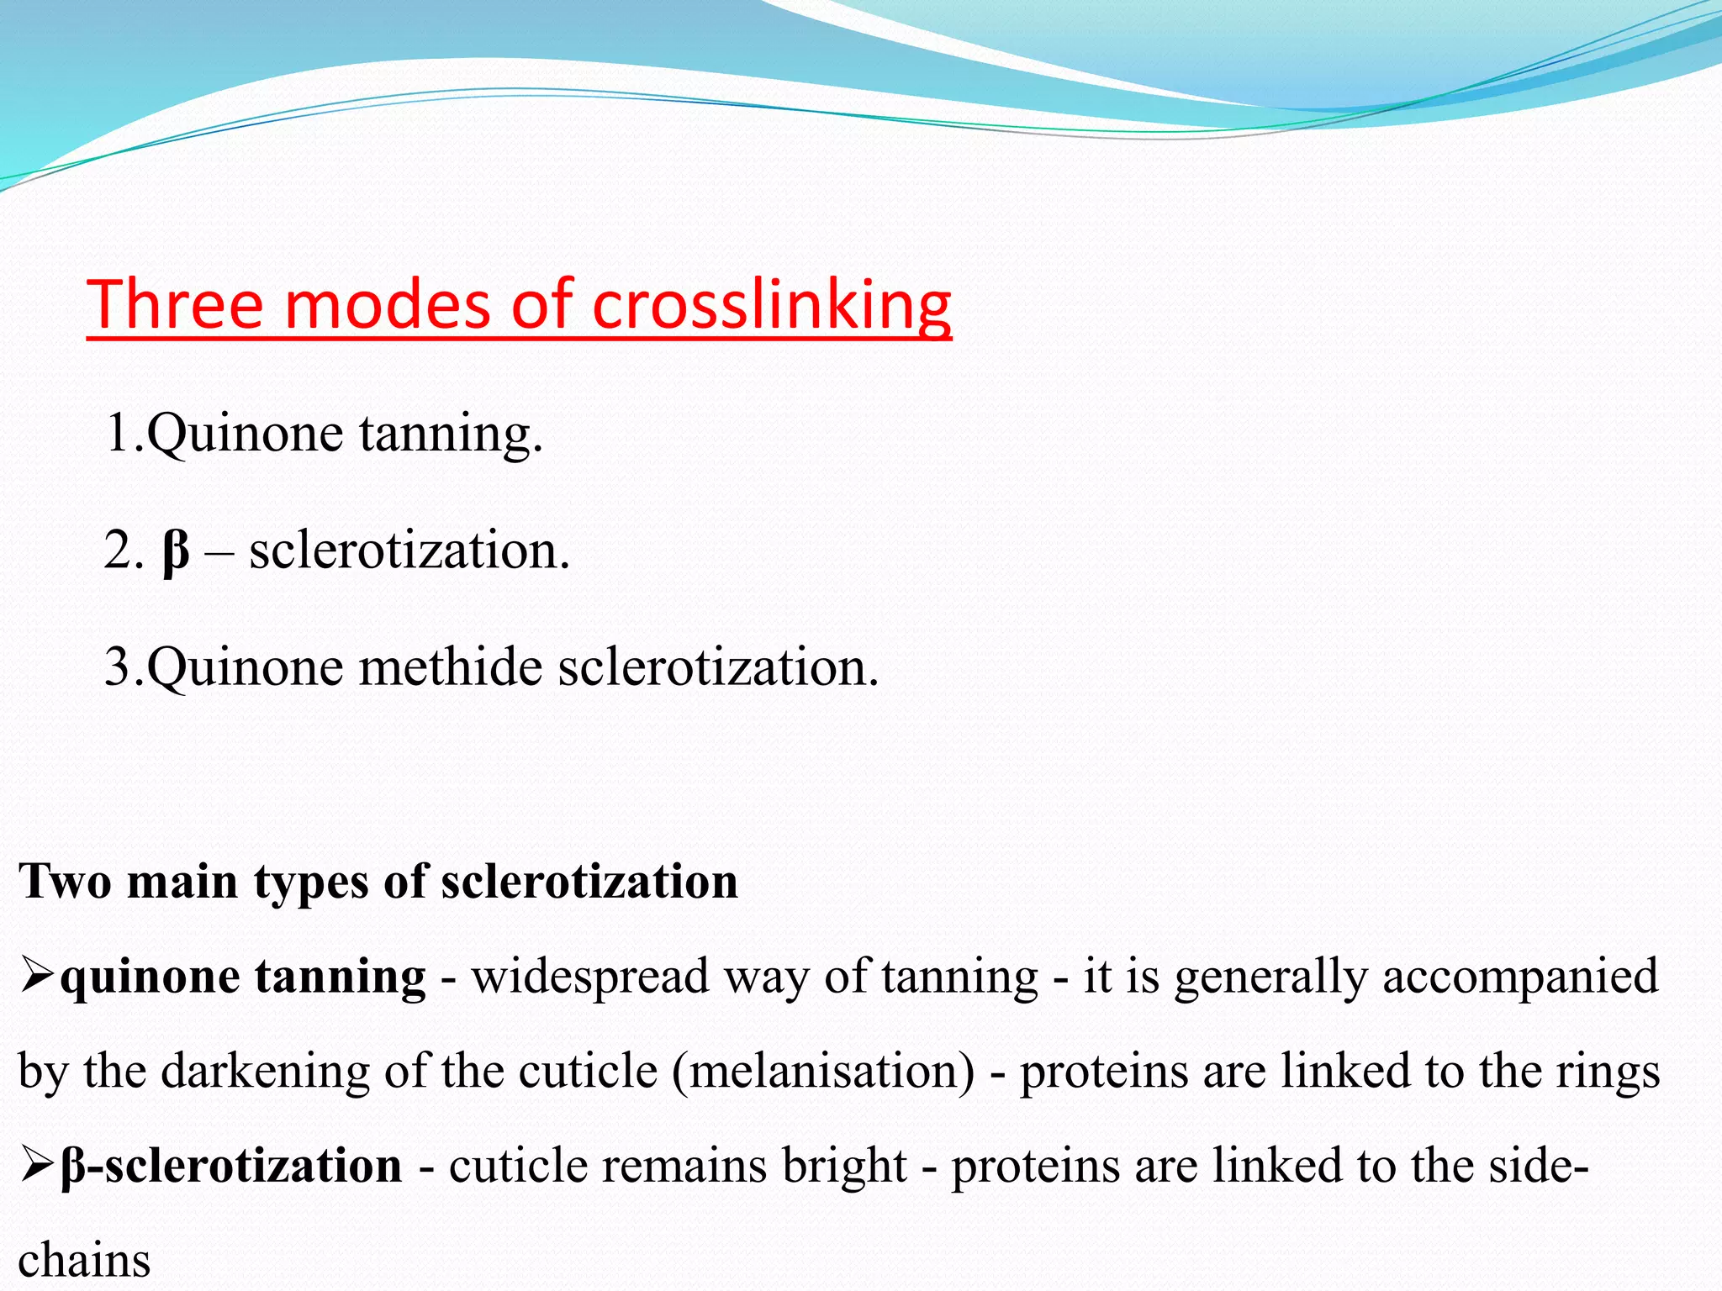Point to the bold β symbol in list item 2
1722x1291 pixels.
click(x=175, y=551)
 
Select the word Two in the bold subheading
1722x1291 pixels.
click(x=65, y=882)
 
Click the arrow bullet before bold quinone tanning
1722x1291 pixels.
click(x=37, y=977)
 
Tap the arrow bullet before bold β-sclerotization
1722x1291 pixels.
click(x=37, y=1166)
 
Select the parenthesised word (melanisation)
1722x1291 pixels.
click(x=823, y=1072)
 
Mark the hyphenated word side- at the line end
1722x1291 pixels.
click(x=1538, y=1166)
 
